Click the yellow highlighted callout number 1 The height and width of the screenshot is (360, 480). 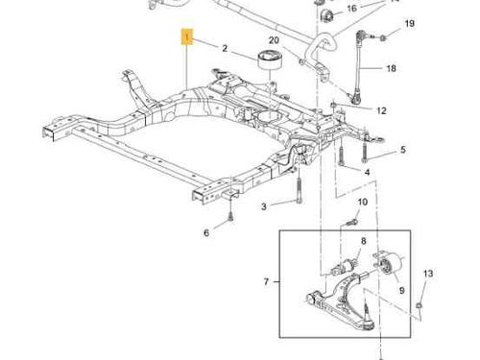tap(187, 36)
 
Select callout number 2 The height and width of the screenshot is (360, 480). tap(225, 48)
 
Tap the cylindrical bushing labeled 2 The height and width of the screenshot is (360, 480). tap(270, 60)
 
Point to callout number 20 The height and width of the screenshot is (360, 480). tap(274, 40)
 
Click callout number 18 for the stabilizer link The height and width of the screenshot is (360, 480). tap(391, 68)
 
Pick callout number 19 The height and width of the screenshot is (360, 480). tap(410, 24)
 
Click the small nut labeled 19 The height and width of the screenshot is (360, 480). tap(383, 37)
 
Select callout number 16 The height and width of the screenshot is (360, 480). tap(351, 8)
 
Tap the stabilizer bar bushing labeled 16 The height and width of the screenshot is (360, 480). tap(326, 15)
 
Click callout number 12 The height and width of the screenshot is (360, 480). tap(381, 110)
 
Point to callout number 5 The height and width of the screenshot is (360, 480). tap(403, 150)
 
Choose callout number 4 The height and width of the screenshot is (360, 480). tap(367, 173)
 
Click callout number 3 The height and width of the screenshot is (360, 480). tap(264, 206)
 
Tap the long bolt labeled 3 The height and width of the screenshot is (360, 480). tap(299, 190)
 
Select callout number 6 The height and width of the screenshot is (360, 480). tap(206, 232)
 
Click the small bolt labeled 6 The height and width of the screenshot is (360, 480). tap(230, 217)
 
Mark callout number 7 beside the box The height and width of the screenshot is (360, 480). tap(266, 281)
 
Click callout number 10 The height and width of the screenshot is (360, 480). tap(362, 203)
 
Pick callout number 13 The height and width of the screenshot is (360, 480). tap(428, 274)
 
